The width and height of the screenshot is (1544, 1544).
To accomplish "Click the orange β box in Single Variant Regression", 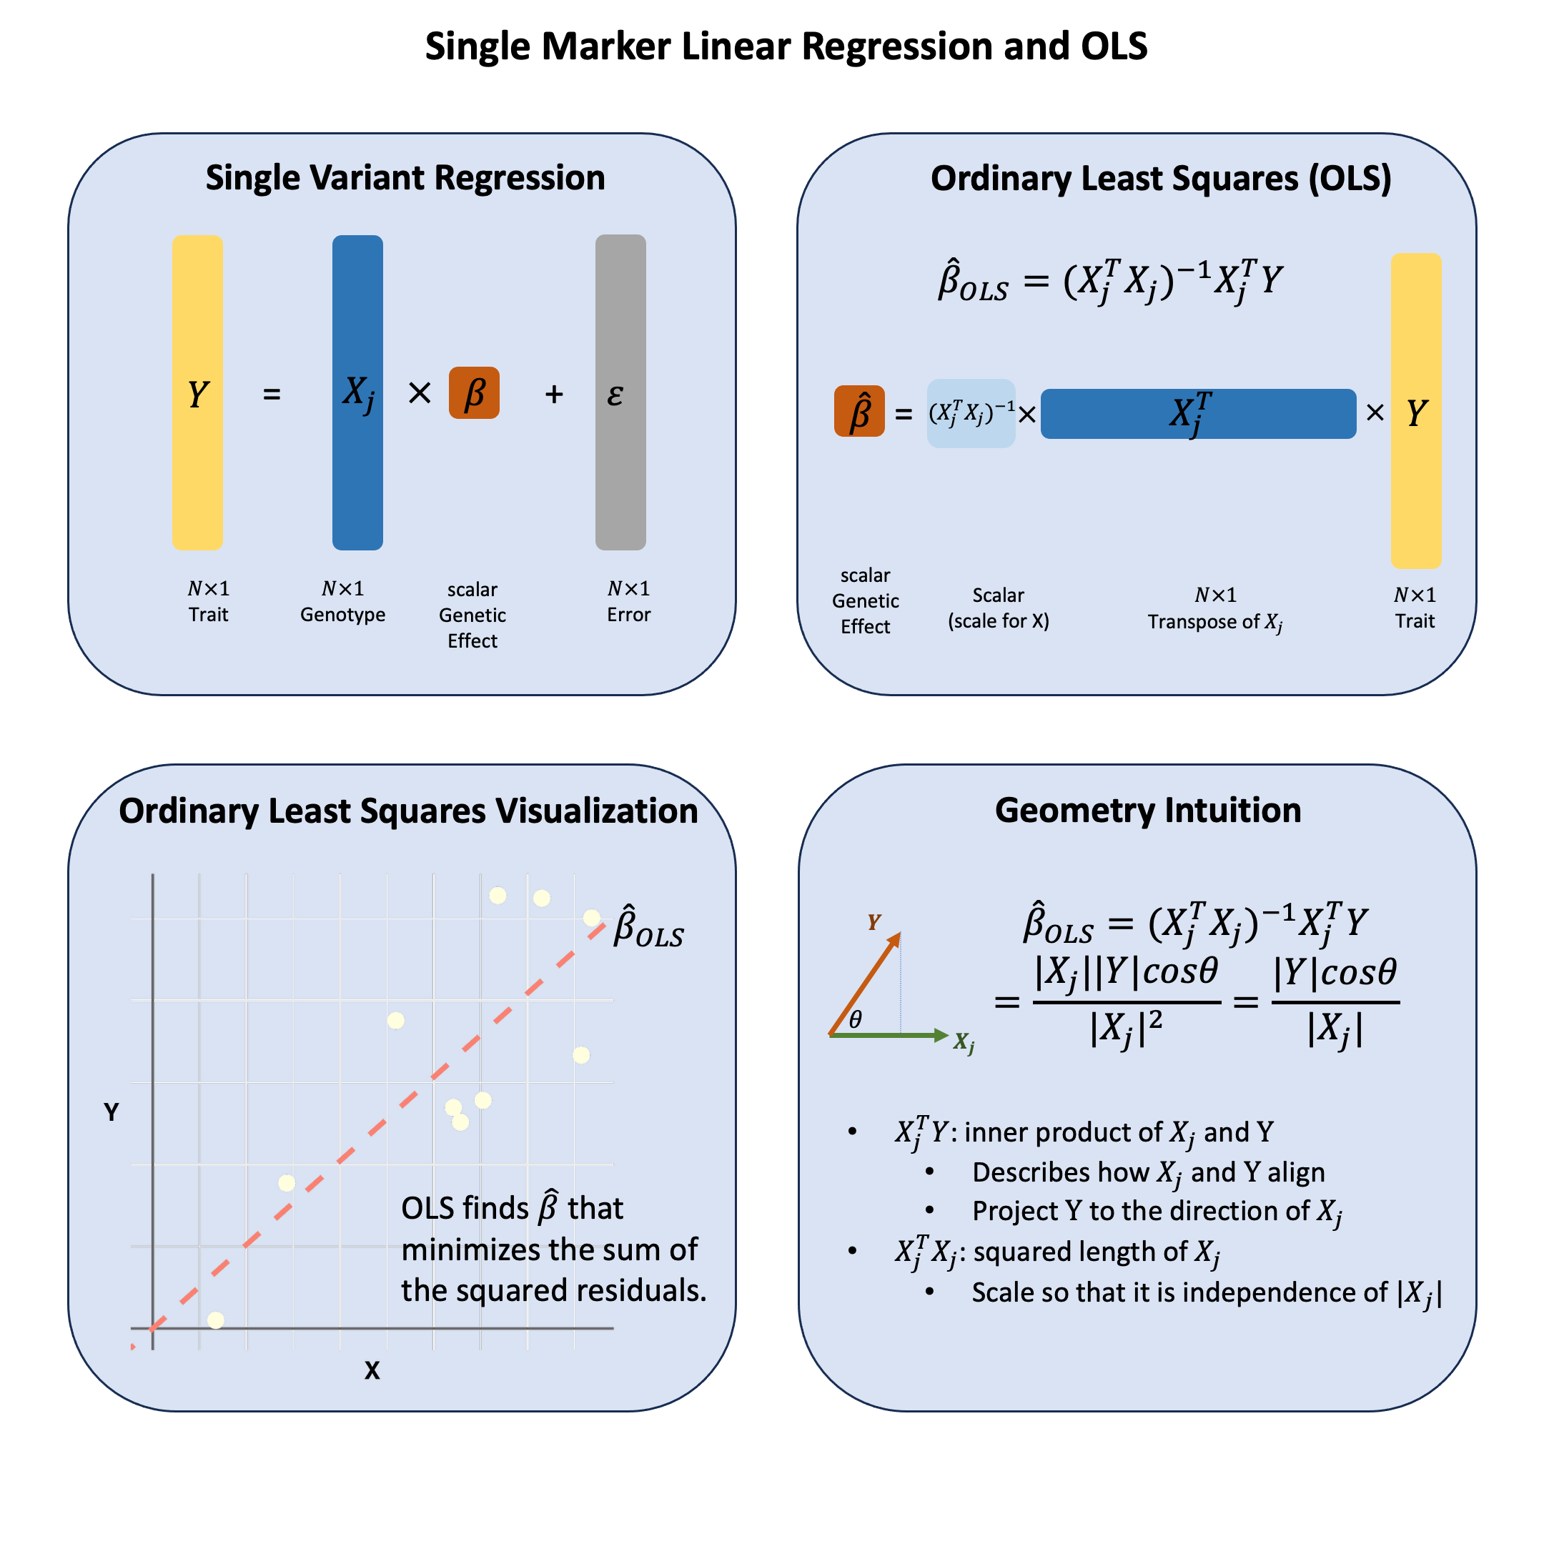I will (x=474, y=392).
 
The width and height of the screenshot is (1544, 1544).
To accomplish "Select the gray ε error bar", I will (x=620, y=392).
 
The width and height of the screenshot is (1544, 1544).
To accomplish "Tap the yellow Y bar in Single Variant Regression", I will (x=197, y=392).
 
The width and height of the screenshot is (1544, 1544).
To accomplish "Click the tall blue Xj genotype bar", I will (x=357, y=392).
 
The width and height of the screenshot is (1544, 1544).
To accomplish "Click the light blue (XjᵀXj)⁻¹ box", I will (x=970, y=413).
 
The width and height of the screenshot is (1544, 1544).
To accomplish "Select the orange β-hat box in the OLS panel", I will (x=858, y=412).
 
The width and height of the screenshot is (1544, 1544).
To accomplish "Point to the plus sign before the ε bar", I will (x=554, y=394).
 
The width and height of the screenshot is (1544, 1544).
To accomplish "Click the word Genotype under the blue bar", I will (x=343, y=615).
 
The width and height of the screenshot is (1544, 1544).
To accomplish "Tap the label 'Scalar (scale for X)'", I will (x=998, y=608).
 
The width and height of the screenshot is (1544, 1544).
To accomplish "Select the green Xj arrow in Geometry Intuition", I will (x=887, y=1035).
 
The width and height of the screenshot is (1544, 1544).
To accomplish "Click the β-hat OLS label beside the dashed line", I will (x=648, y=928).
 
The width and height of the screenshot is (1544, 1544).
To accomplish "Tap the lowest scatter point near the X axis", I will (x=216, y=1320).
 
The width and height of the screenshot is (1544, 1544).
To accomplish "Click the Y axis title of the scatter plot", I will (x=111, y=1112).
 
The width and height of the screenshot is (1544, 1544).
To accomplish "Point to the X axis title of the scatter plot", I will (x=372, y=1370).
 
